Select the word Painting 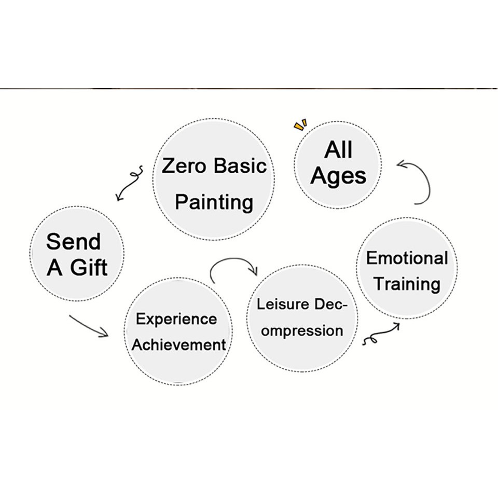tap(213, 202)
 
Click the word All tap(338, 150)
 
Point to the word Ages tap(338, 177)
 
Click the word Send tap(73, 242)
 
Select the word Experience tap(176, 319)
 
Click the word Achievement tap(178, 344)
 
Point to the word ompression tap(301, 330)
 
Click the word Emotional tap(407, 258)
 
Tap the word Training tap(407, 284)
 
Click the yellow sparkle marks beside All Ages tap(300, 125)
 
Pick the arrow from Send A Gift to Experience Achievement tap(88, 325)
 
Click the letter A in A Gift tap(54, 268)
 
